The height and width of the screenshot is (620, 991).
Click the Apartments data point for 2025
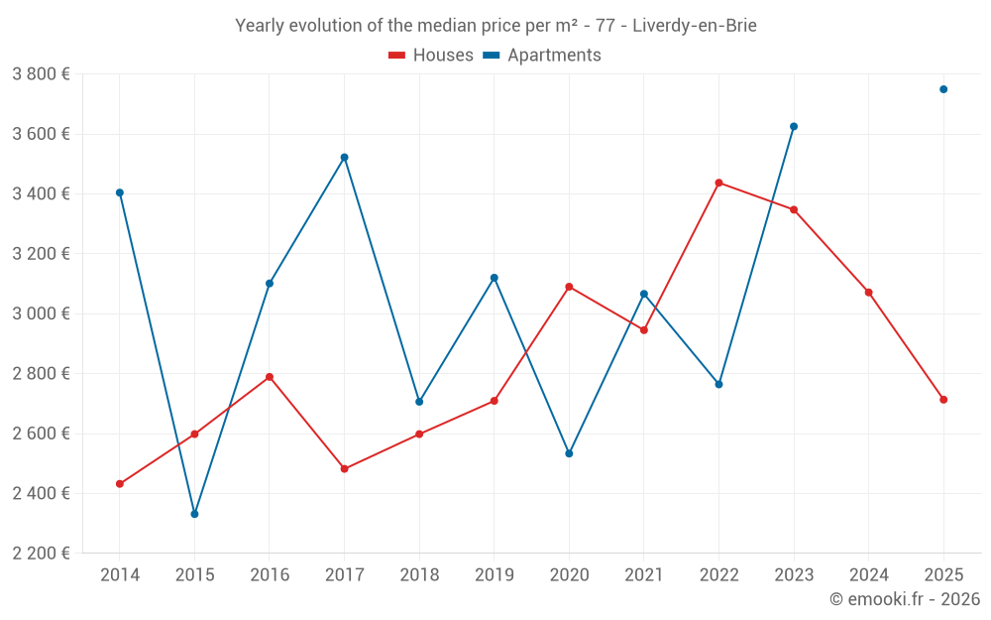pos(943,89)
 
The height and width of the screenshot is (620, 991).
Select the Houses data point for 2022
pos(718,183)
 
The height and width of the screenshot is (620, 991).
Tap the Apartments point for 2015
pos(194,514)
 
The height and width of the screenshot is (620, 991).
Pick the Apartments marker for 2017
pos(344,158)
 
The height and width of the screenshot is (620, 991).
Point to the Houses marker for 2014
pos(120,484)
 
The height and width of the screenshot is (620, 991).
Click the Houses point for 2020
pos(569,287)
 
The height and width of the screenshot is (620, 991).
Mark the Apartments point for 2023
pos(794,127)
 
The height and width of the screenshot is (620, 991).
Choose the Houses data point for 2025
pos(943,400)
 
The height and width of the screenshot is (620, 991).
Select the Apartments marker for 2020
pos(569,453)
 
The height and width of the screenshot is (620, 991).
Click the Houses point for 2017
pos(344,469)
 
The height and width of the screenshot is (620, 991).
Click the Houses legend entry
pos(431,56)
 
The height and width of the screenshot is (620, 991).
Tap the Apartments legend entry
pos(542,56)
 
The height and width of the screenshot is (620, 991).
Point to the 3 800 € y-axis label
pos(41,74)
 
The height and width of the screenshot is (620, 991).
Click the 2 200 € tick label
pos(41,554)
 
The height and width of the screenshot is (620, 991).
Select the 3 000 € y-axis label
pos(41,313)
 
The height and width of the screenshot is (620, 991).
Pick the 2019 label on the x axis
pos(494,575)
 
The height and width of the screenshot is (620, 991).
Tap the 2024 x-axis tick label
pos(868,575)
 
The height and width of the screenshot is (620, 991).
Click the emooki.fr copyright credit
pos(904,599)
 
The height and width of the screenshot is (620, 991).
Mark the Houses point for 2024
pos(868,293)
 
